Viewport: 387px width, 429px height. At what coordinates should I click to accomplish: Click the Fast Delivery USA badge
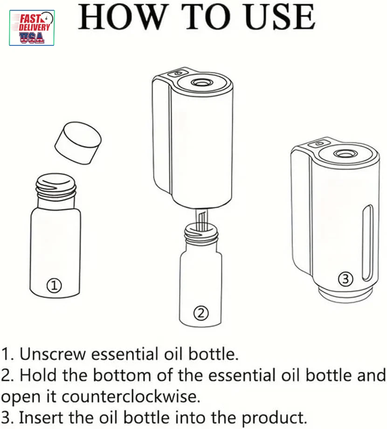click(x=32, y=28)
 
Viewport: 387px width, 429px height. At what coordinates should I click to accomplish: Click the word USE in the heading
click(x=280, y=17)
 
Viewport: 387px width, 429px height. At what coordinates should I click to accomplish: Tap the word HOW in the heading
click(x=122, y=17)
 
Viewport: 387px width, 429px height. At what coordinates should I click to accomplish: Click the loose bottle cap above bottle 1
click(x=78, y=143)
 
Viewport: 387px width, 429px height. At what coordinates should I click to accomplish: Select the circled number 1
click(x=54, y=286)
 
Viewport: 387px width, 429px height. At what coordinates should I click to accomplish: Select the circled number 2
click(x=201, y=313)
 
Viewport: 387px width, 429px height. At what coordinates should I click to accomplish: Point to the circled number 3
click(x=346, y=279)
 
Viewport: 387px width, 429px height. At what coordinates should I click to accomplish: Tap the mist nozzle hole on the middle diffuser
click(x=201, y=82)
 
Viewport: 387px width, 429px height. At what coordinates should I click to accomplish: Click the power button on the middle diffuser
click(x=178, y=73)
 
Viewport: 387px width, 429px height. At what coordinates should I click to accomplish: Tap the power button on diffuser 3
click(x=318, y=143)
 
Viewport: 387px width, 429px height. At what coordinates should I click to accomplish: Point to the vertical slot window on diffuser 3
click(x=367, y=243)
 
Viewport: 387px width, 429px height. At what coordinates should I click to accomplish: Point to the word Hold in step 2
click(x=39, y=375)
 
